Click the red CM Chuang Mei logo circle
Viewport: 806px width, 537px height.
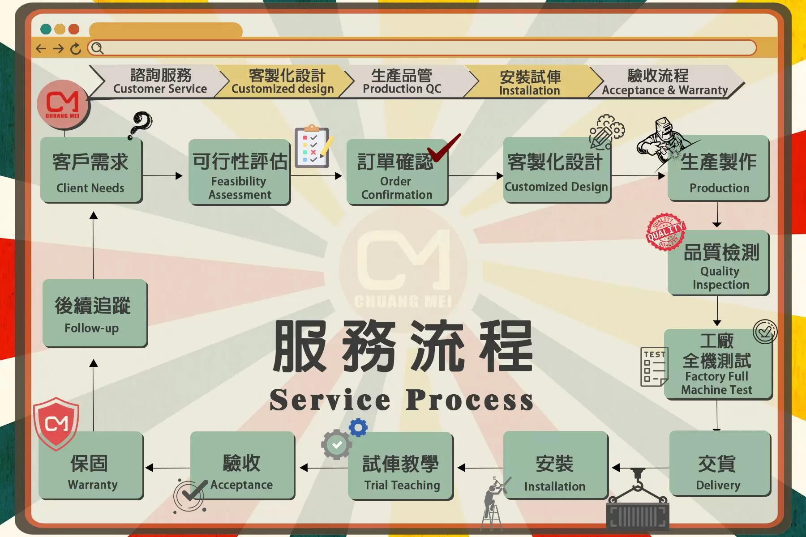pos(63,105)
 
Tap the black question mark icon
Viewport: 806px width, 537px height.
pos(141,125)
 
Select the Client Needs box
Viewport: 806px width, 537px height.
pos(91,170)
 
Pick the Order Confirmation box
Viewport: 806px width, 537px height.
pos(397,172)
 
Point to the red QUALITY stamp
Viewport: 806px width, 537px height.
pos(665,232)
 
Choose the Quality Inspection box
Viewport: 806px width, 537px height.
pos(718,263)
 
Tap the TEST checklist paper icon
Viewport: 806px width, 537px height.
pos(654,367)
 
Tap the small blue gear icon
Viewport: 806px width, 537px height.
pos(358,427)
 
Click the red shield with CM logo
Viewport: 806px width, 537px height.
pos(56,422)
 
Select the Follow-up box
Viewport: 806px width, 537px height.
pos(94,313)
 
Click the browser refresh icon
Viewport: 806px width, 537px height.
pos(76,48)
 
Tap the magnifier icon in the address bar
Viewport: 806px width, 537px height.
pos(97,48)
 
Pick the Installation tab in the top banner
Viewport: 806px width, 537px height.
pos(530,82)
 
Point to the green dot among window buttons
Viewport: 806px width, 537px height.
pos(45,29)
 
